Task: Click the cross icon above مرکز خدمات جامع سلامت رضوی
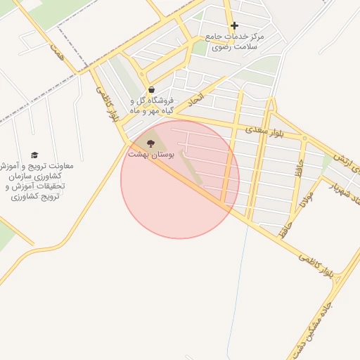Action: (234, 26)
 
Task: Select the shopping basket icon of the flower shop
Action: (152, 89)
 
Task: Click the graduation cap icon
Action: (34, 155)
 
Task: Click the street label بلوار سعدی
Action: (264, 132)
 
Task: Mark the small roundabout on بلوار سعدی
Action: (304, 138)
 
